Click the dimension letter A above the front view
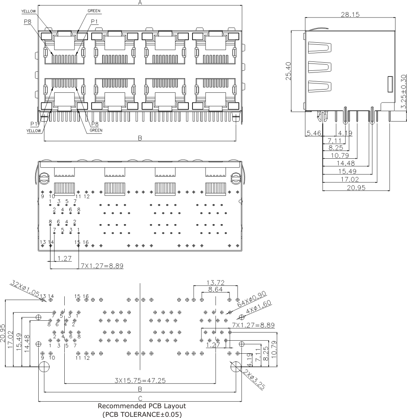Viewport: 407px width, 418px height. point(140,3)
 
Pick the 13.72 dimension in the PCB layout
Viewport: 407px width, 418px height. point(215,282)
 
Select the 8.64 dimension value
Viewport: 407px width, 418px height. point(215,289)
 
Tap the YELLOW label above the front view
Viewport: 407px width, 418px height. point(28,11)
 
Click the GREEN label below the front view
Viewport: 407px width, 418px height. point(96,131)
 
